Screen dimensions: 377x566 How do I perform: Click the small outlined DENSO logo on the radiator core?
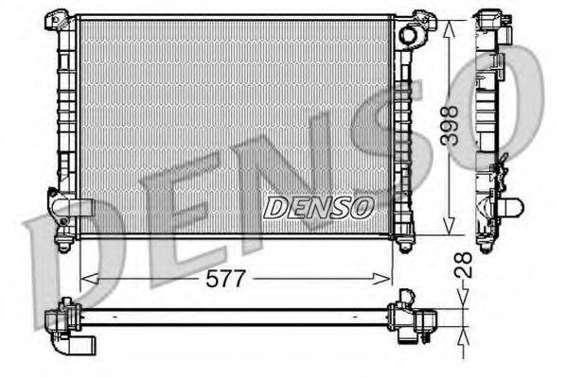[318, 207]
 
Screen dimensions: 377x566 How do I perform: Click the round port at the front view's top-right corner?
[409, 36]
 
